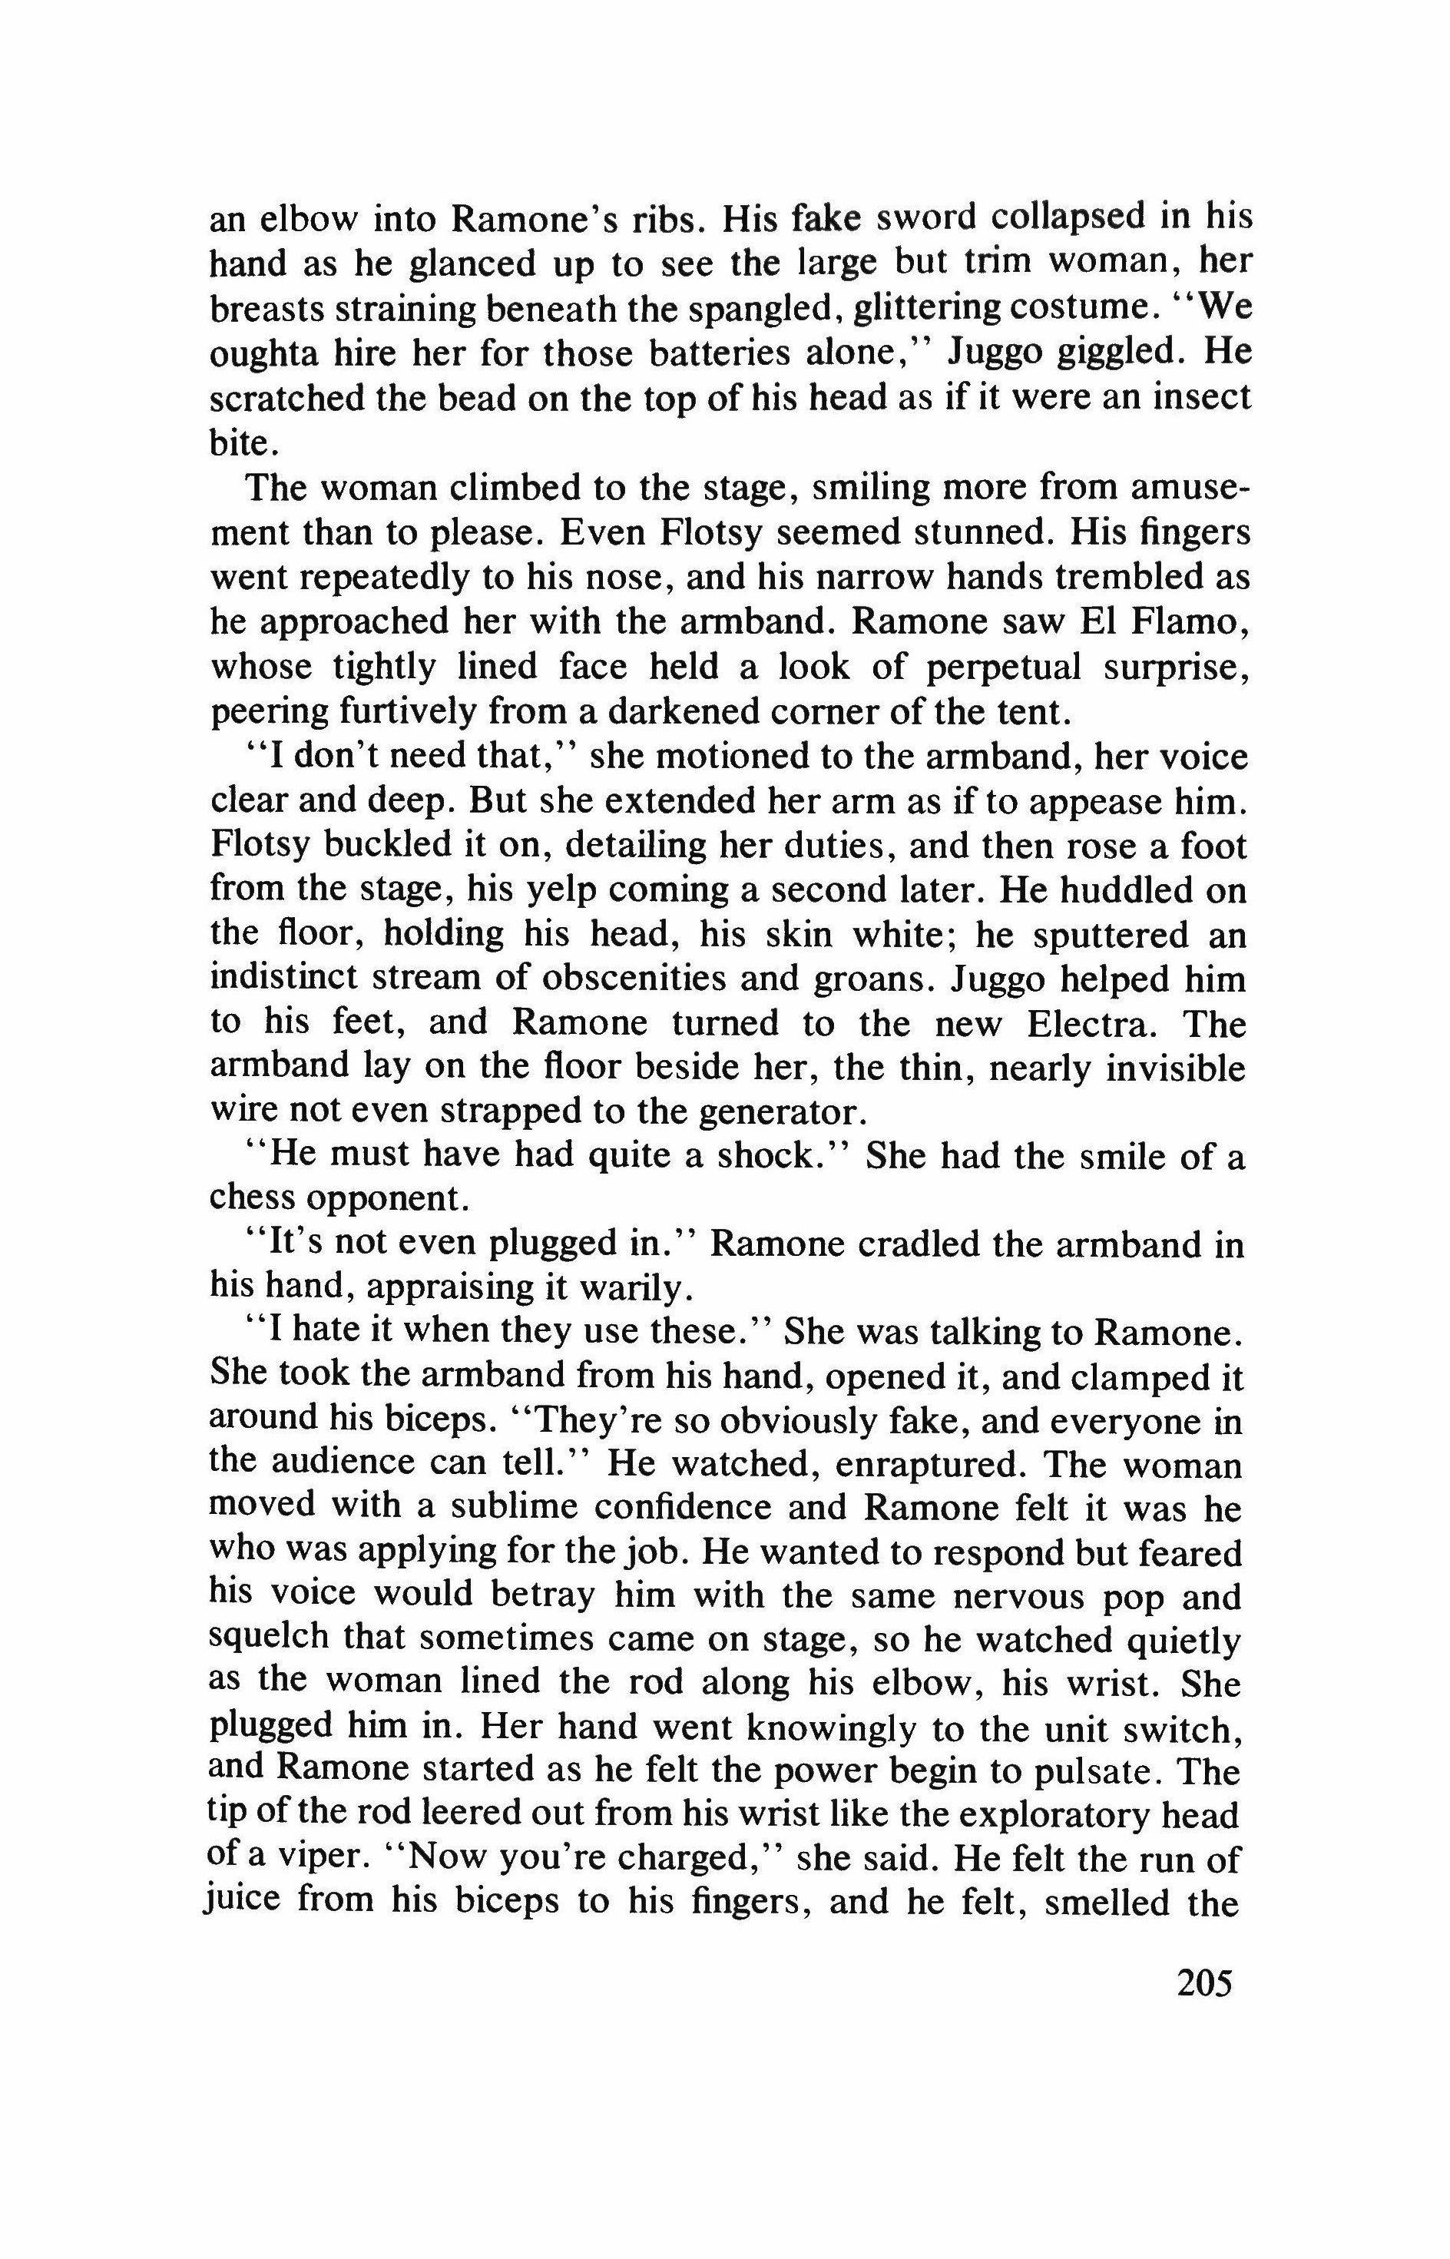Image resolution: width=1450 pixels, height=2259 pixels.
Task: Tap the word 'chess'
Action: click(247, 1200)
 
